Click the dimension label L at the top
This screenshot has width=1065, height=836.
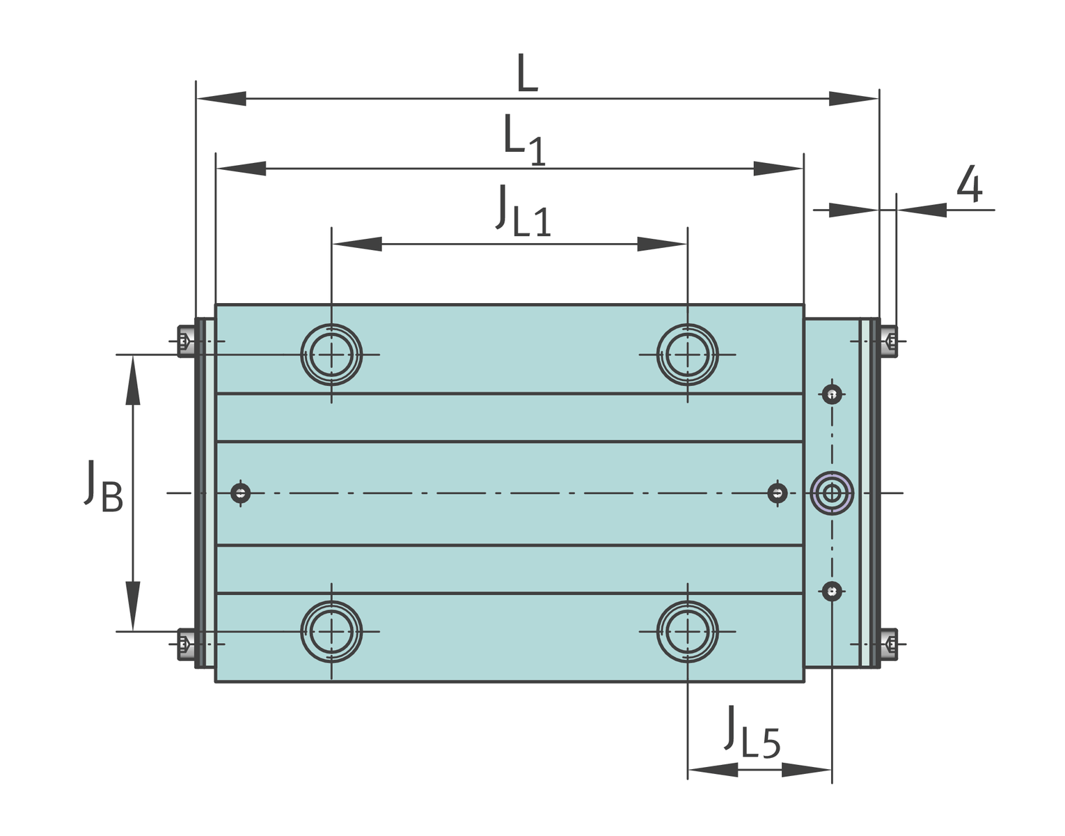pyautogui.click(x=528, y=73)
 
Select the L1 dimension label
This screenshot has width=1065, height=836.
pyautogui.click(x=524, y=140)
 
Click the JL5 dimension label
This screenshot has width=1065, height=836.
pyautogui.click(x=752, y=732)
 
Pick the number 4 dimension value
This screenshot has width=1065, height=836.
pyautogui.click(x=970, y=184)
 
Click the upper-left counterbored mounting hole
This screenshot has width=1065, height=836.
pyautogui.click(x=331, y=355)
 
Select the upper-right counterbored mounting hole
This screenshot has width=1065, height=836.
pyautogui.click(x=687, y=355)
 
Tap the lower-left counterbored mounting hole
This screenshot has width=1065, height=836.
pyautogui.click(x=331, y=632)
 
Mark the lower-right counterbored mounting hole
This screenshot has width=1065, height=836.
pyautogui.click(x=687, y=632)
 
